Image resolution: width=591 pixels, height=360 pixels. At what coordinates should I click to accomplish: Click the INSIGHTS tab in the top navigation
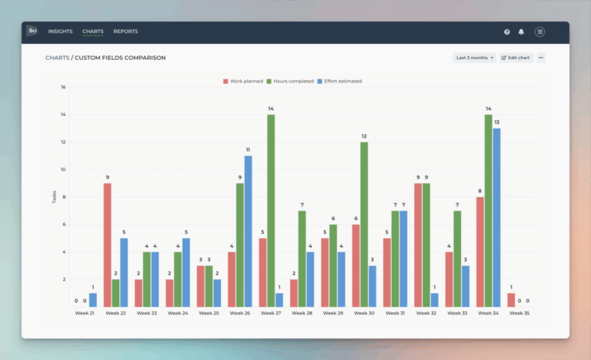[x=60, y=32]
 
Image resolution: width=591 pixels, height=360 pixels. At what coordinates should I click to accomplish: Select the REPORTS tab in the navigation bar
[x=125, y=32]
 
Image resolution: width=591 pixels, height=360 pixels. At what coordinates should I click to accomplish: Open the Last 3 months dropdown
[x=475, y=58]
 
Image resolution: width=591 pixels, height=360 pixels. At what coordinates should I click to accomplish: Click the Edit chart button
[x=516, y=58]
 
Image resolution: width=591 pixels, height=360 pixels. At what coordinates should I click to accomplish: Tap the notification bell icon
[x=521, y=32]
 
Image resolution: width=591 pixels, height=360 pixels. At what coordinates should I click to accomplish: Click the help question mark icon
[x=507, y=32]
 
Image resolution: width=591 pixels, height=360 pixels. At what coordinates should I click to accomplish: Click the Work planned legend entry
[x=243, y=81]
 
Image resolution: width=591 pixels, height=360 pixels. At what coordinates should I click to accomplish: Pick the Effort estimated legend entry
[x=339, y=81]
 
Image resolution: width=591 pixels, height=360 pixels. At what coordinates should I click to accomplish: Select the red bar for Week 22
[x=107, y=245]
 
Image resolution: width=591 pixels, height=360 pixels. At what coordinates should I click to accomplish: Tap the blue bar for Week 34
[x=497, y=217]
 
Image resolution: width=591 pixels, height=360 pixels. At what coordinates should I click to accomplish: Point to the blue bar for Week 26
[x=248, y=231]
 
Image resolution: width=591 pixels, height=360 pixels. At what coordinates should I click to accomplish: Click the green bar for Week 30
[x=364, y=224]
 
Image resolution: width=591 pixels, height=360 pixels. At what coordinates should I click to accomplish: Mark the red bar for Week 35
[x=511, y=299]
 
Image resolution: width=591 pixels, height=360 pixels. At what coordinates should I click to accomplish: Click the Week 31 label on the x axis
[x=395, y=313]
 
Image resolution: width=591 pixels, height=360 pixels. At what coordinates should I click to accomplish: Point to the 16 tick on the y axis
[x=63, y=87]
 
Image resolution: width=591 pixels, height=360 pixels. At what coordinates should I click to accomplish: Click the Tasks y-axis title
[x=54, y=197]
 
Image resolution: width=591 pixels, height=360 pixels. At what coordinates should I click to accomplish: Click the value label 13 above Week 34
[x=497, y=122]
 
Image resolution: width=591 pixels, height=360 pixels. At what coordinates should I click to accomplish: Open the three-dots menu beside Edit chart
[x=541, y=58]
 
